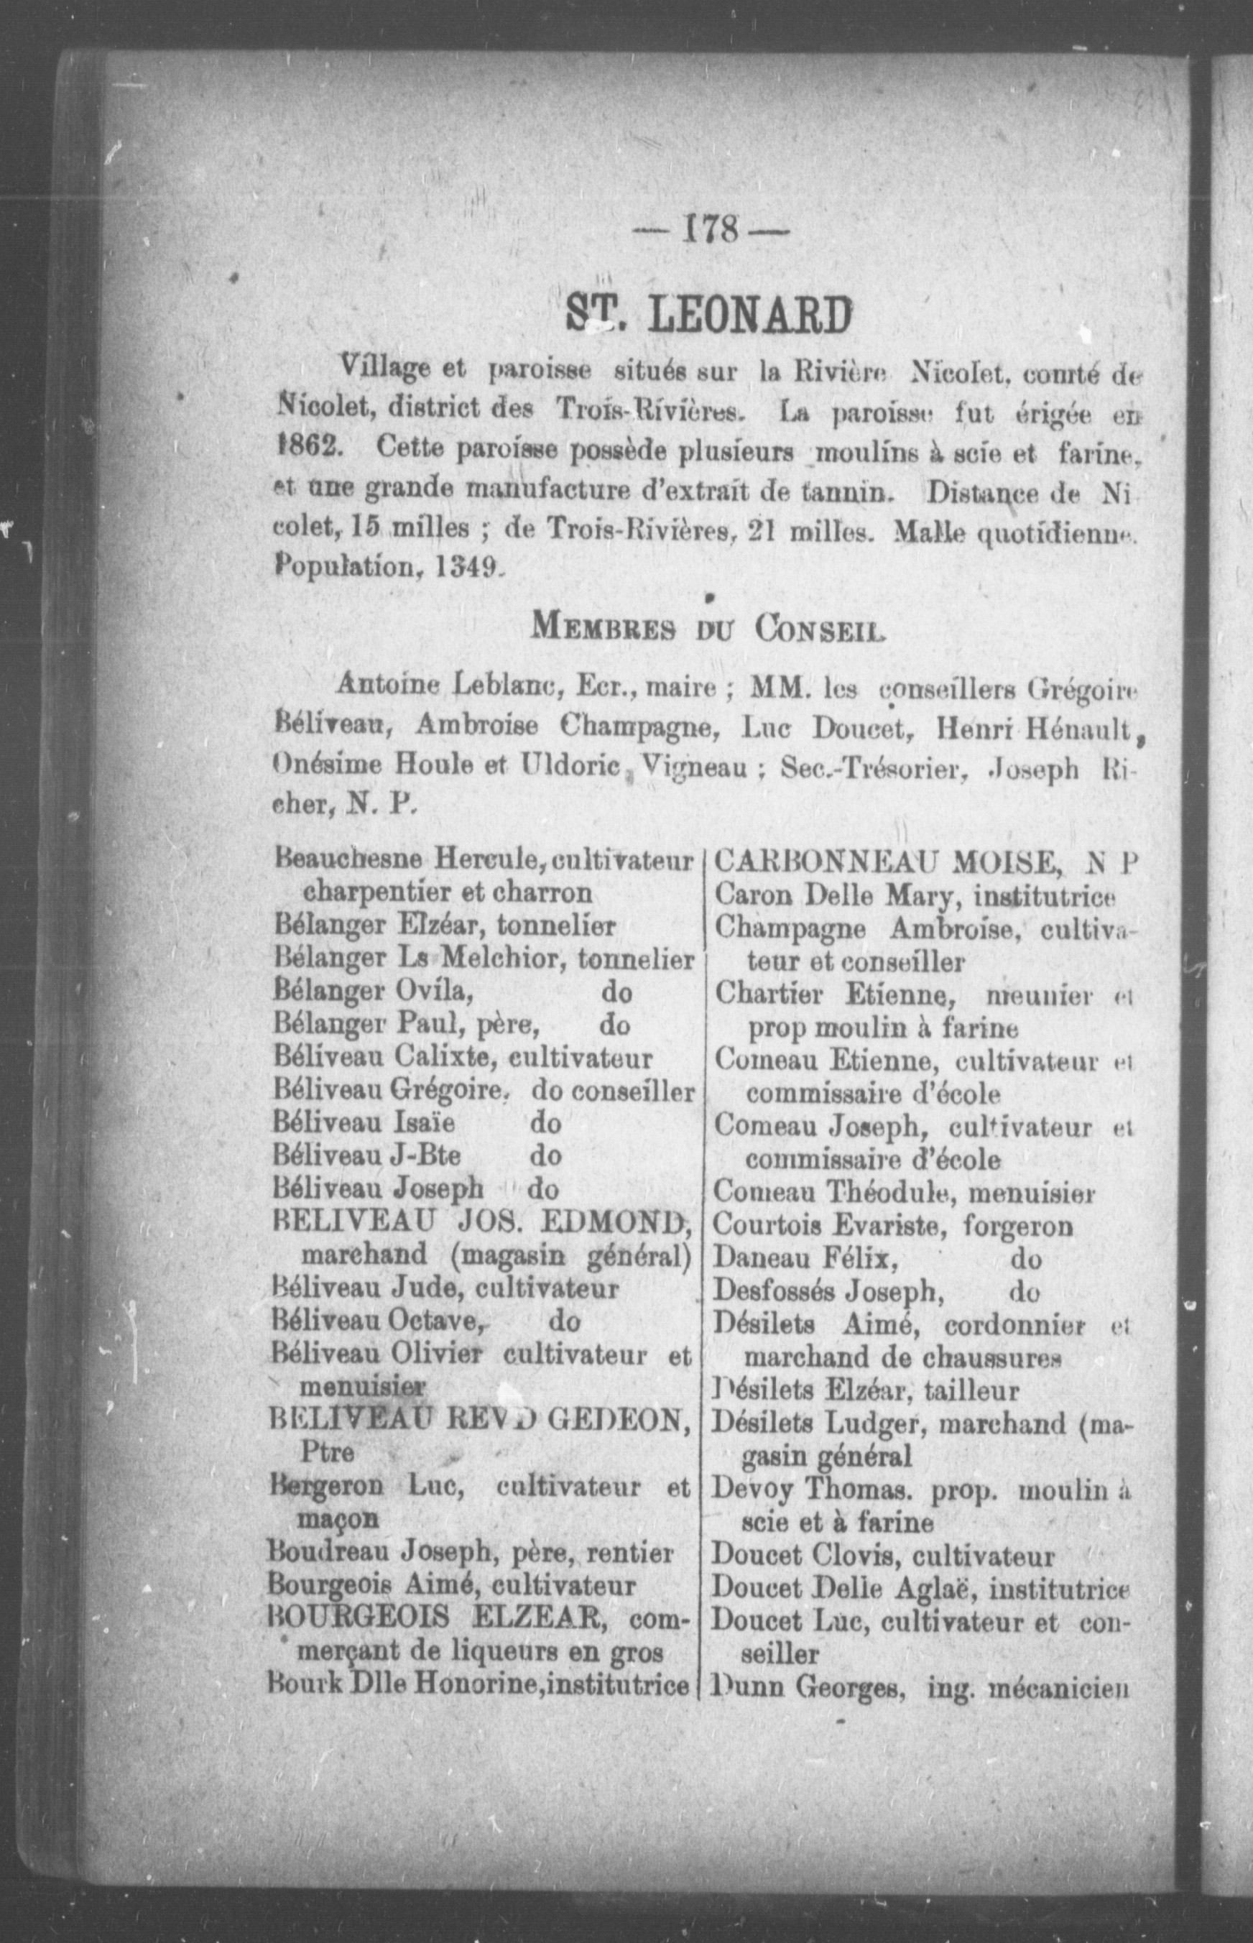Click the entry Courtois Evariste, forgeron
point(892,1226)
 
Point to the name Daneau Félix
point(805,1260)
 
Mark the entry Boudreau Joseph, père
point(399,1554)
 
